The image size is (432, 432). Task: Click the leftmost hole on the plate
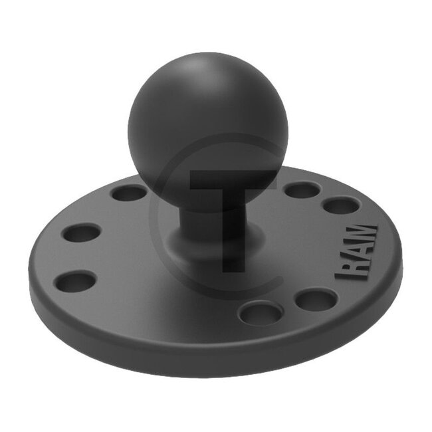pyautogui.click(x=74, y=281)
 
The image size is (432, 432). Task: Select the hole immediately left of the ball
pyautogui.click(x=129, y=193)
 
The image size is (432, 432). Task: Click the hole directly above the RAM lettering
pyautogui.click(x=342, y=205)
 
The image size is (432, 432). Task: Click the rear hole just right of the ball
pyautogui.click(x=302, y=190)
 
